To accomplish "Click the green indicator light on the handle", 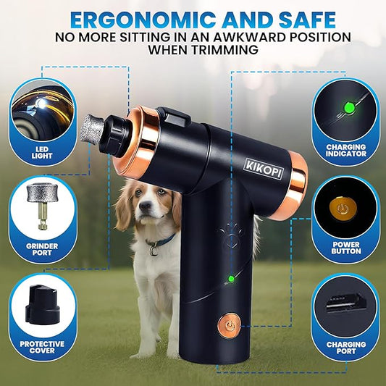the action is (x=231, y=279).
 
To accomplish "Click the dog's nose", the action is (x=145, y=205).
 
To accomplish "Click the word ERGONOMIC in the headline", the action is (x=143, y=20).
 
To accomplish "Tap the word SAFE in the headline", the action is (x=307, y=20).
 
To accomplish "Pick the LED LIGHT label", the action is (x=42, y=152).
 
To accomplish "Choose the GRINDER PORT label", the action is (x=42, y=249).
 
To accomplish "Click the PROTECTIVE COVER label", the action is (x=42, y=347).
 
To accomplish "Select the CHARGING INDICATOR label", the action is (x=346, y=150).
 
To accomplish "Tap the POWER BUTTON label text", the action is (x=346, y=248).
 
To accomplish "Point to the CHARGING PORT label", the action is (x=346, y=348).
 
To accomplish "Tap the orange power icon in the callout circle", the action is (x=343, y=209).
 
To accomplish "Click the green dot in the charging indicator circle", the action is (x=349, y=108).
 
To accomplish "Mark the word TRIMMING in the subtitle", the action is (x=225, y=50).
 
